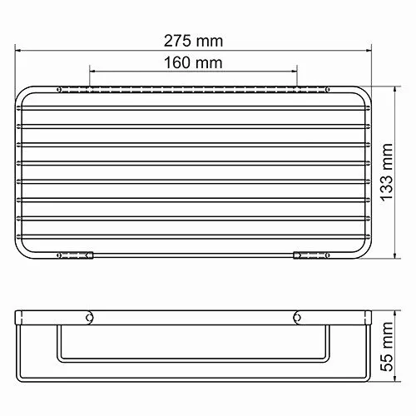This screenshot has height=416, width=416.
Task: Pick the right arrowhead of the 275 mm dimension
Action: point(371,49)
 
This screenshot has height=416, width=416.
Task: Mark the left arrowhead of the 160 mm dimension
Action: point(92,72)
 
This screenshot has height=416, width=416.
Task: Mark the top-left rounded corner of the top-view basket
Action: point(26,90)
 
